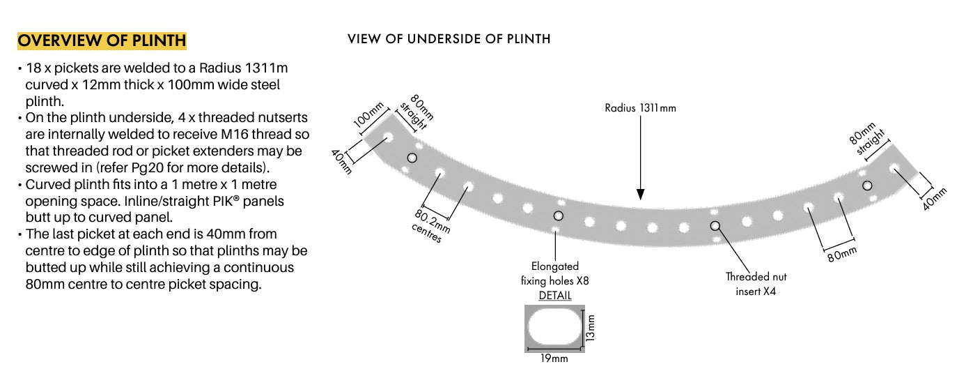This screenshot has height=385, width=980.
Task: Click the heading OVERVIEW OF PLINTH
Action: [x=102, y=40]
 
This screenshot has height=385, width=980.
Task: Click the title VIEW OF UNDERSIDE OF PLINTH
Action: [x=449, y=39]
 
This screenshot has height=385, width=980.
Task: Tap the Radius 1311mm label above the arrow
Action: [x=640, y=108]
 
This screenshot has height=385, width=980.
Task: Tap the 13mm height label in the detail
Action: [x=591, y=327]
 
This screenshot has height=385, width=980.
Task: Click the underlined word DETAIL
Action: [x=555, y=295]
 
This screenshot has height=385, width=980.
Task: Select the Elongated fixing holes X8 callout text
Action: [x=555, y=273]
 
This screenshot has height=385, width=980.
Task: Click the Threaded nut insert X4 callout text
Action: [x=755, y=284]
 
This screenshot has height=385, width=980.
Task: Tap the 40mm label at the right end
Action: [x=935, y=199]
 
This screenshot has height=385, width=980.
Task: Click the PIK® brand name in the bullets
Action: [x=235, y=201]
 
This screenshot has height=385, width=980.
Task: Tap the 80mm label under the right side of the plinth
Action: [x=841, y=255]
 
